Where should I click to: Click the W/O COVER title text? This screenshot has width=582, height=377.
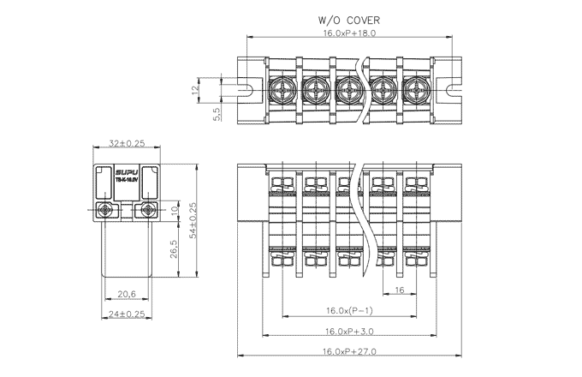click(x=349, y=19)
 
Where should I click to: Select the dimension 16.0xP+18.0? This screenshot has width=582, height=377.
click(x=349, y=33)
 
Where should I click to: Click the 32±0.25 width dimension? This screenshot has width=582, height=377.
click(x=128, y=143)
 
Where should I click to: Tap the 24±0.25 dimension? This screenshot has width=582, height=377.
click(x=128, y=314)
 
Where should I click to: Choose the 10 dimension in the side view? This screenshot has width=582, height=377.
click(x=175, y=210)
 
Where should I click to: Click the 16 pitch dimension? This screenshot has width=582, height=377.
click(x=401, y=290)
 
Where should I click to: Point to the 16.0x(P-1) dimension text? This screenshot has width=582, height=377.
click(x=349, y=310)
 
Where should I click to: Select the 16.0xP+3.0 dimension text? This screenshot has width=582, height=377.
click(x=349, y=331)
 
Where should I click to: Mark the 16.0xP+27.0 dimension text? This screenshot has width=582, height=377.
click(x=349, y=351)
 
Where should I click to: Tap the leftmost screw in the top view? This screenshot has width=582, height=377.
click(x=282, y=88)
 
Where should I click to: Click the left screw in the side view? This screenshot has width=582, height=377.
click(x=106, y=210)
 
